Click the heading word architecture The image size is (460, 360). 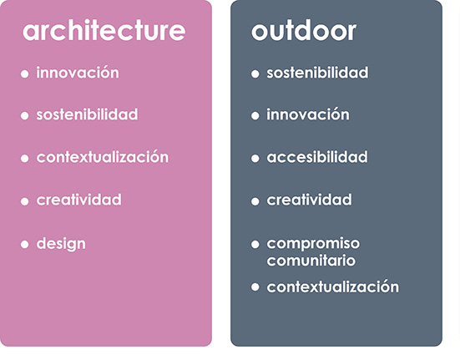coord(104,31)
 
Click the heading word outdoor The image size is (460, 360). coord(304,31)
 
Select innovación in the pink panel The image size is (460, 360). coord(78,73)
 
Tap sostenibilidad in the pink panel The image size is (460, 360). coord(87,114)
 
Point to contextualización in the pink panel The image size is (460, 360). coord(103,157)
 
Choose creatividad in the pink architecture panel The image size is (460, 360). coord(78,200)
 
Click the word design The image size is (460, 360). coord(61,244)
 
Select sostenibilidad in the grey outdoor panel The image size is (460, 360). coord(317,73)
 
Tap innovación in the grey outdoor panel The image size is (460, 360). coord(308,114)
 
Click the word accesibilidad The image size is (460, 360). coord(317,157)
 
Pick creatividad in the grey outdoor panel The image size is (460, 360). coord(309,200)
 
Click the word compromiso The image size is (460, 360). coord(313,244)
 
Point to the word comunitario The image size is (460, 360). coord(311,261)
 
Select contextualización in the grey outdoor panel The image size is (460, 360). coord(332,286)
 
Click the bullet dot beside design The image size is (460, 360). coord(25,244)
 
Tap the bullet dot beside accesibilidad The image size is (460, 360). coord(255,159)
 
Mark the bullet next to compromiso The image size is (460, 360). coord(255,244)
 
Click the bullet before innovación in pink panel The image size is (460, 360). coord(25,74)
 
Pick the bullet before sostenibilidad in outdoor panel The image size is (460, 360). coord(255,74)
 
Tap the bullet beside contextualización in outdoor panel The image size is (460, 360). coord(255,287)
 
